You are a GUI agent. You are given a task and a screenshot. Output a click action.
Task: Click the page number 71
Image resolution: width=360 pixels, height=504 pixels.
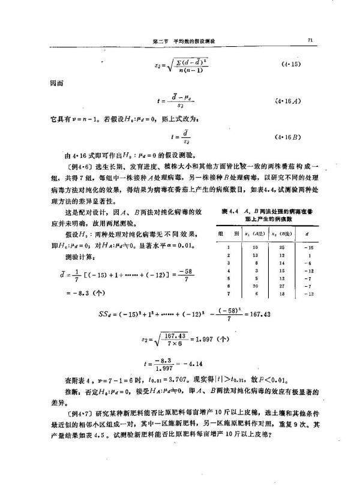(x=311, y=40)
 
